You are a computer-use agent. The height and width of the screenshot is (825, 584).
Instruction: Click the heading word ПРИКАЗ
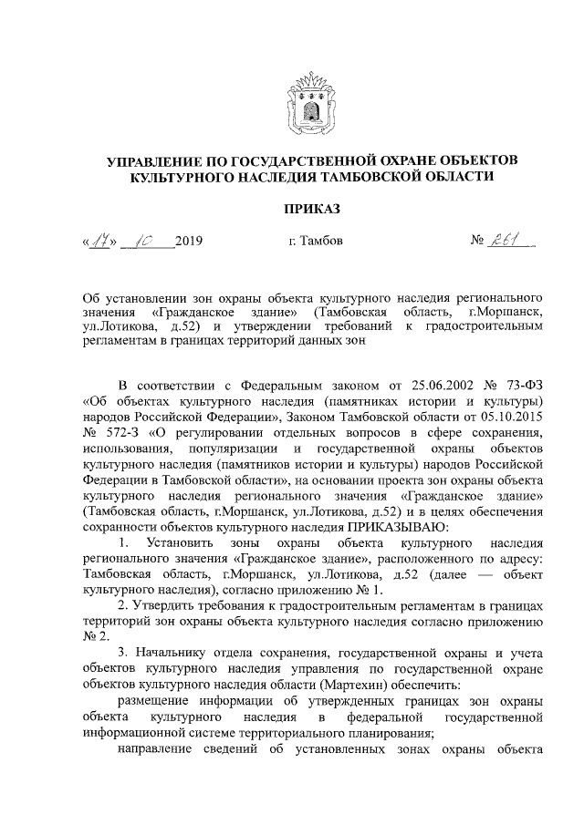[x=311, y=210]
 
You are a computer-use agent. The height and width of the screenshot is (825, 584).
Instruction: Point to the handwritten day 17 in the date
[x=100, y=242]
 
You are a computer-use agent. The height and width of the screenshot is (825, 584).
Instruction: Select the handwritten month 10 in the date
[x=145, y=242]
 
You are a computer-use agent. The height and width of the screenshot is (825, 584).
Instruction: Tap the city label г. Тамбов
[x=311, y=242]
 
